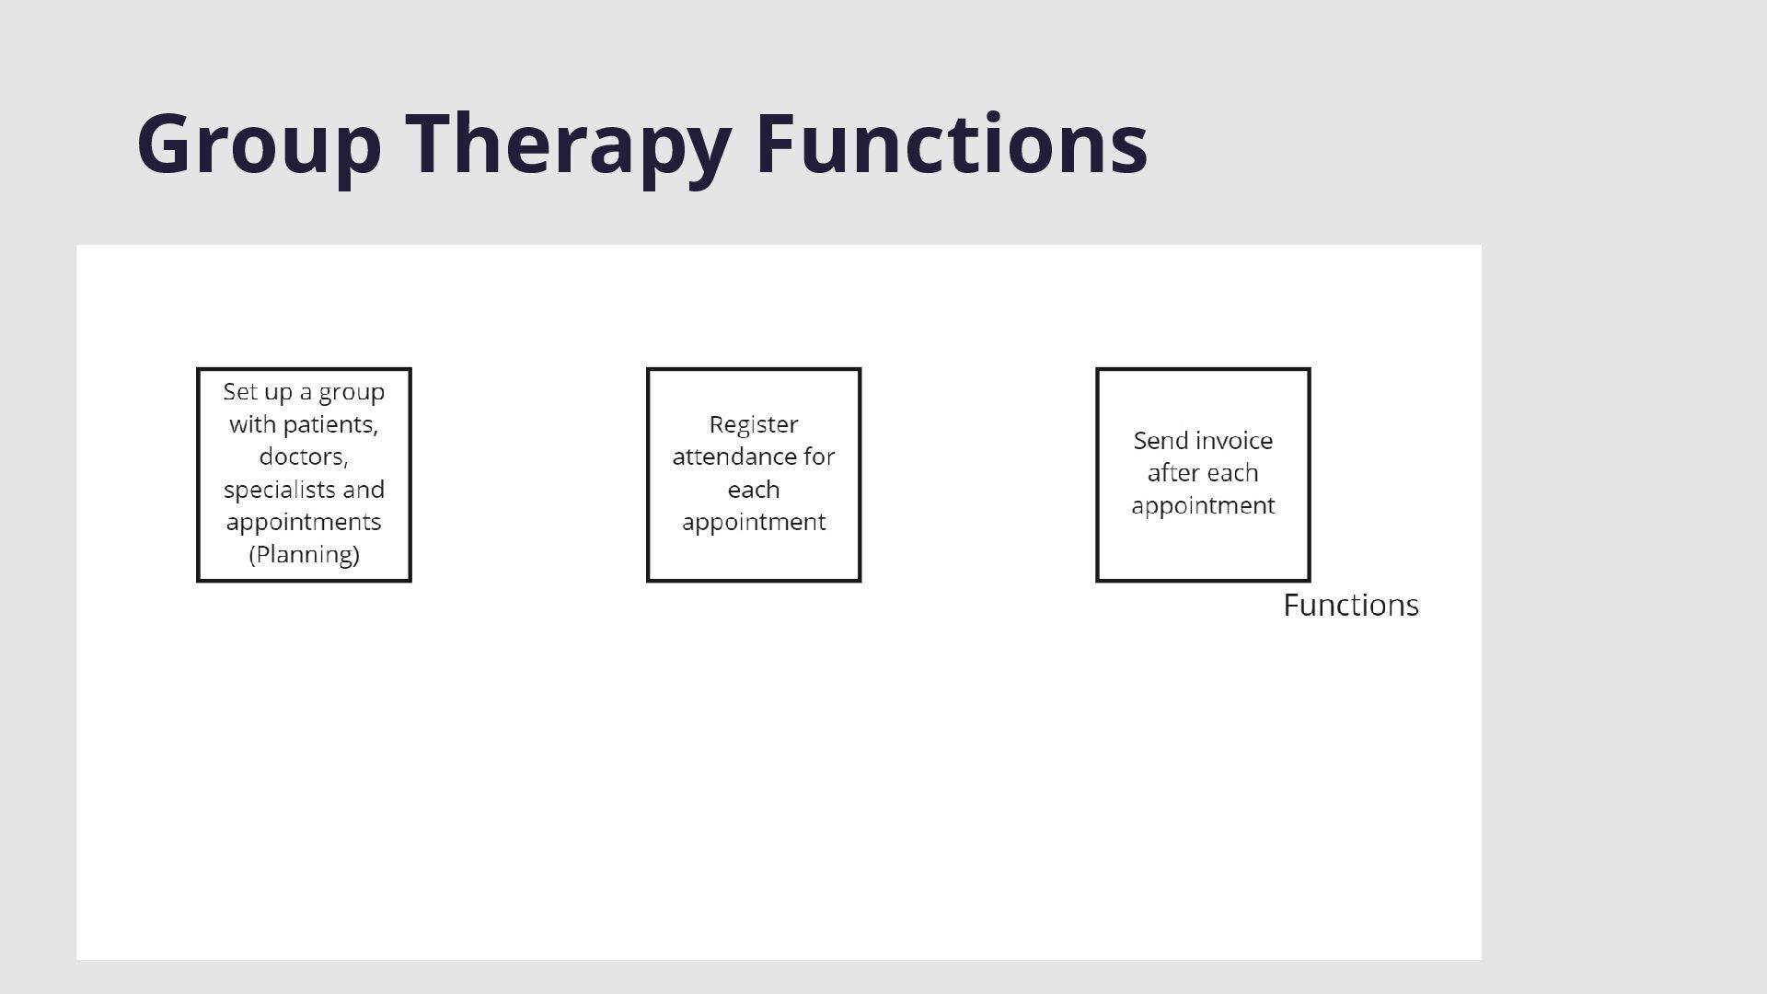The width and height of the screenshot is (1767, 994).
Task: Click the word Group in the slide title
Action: coord(259,144)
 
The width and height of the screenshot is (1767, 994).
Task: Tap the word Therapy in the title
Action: coord(568,144)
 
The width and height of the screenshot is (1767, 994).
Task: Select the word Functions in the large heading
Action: coord(951,144)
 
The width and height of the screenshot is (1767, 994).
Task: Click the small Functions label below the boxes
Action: coord(1350,606)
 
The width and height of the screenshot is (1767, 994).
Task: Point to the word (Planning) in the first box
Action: coord(304,555)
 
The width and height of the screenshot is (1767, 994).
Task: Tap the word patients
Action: coord(329,424)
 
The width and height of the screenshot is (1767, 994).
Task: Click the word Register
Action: coord(753,425)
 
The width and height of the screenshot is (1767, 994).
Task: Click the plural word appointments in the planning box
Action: coord(304,523)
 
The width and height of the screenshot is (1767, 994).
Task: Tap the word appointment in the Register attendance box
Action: coord(753,523)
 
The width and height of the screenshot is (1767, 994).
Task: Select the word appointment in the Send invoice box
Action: coord(1202,506)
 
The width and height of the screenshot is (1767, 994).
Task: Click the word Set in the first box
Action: coord(239,392)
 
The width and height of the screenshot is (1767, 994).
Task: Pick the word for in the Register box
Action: coord(818,457)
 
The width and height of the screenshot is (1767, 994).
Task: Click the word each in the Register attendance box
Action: coord(753,490)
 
